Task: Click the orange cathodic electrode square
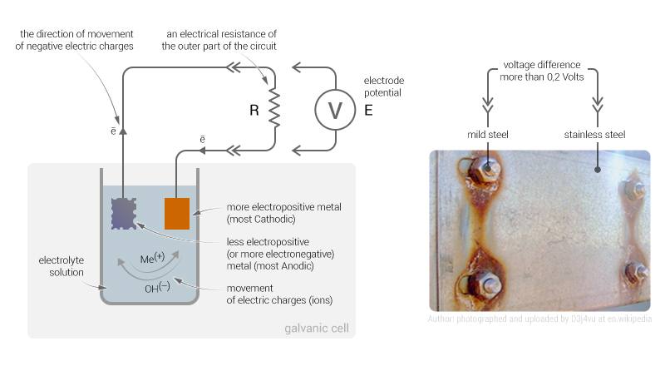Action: click(177, 213)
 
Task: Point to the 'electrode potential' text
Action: click(382, 86)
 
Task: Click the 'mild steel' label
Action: click(487, 134)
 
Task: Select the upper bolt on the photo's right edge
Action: click(635, 190)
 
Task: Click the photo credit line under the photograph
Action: click(539, 319)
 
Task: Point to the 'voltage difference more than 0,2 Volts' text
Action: click(542, 72)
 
